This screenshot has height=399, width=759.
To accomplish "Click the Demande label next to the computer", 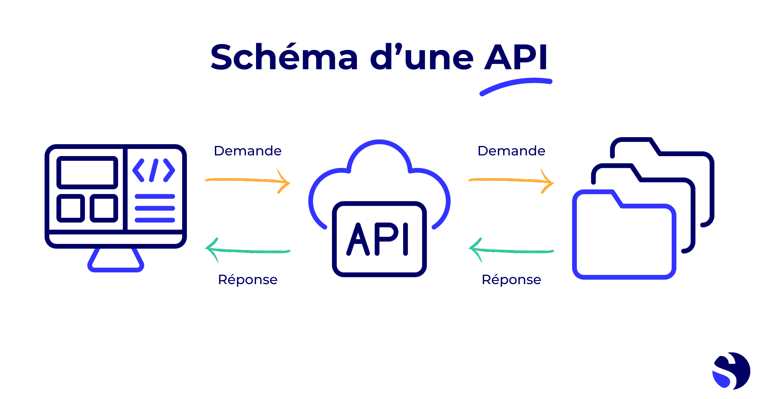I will tap(248, 151).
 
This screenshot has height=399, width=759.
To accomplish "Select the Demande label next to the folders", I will tap(511, 151).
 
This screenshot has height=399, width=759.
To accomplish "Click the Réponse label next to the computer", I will tap(248, 280).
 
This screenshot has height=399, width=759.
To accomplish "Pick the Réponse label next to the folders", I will tap(511, 280).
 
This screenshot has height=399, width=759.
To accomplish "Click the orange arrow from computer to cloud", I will tap(248, 180).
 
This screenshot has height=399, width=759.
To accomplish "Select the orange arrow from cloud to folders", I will tap(511, 180).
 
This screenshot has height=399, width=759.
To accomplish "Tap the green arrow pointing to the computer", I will tap(248, 251).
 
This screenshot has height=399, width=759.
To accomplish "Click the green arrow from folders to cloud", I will tap(511, 251).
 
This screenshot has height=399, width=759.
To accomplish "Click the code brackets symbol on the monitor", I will tap(154, 170).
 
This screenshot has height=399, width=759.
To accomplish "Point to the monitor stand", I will tap(116, 261).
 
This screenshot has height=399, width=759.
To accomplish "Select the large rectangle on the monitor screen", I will tap(87, 172).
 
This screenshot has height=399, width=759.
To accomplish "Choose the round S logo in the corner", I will tap(731, 371).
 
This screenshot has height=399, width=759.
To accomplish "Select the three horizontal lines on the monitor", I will tap(155, 208).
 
